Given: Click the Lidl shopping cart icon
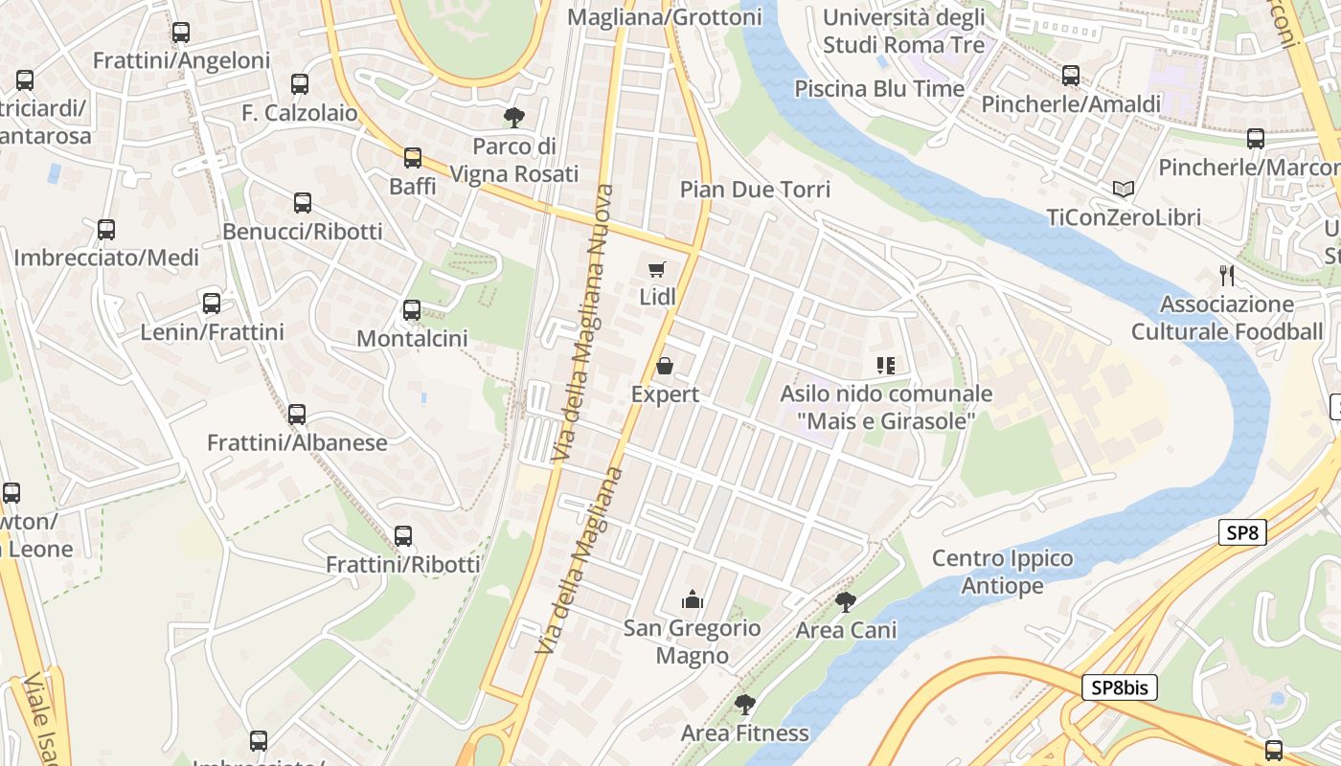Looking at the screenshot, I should pyautogui.click(x=656, y=270).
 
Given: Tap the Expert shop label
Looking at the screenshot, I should pyautogui.click(x=665, y=394).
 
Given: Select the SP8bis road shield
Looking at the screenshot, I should pyautogui.click(x=1120, y=687).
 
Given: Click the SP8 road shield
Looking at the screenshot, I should pyautogui.click(x=1242, y=533).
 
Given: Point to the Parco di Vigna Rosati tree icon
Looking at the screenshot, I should pyautogui.click(x=514, y=118).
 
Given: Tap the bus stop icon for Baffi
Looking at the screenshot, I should pyautogui.click(x=412, y=158).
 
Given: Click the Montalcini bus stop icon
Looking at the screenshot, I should pyautogui.click(x=412, y=310).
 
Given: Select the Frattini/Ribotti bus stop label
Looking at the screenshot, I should pyautogui.click(x=402, y=564).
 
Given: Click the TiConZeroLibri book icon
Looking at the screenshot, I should pyautogui.click(x=1124, y=190).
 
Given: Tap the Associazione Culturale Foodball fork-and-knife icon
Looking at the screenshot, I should pyautogui.click(x=1227, y=276).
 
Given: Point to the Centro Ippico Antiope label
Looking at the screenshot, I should pyautogui.click(x=1003, y=572).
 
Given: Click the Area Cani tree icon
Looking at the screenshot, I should pyautogui.click(x=845, y=601).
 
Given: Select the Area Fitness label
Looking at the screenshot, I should pyautogui.click(x=744, y=733).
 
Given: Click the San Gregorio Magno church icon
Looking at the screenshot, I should pyautogui.click(x=692, y=600).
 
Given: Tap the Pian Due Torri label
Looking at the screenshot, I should pyautogui.click(x=755, y=190).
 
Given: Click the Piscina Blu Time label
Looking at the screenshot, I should pyautogui.click(x=879, y=89).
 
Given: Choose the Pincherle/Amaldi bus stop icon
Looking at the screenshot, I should pyautogui.click(x=1071, y=76).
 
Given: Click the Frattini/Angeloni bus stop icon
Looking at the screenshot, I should pyautogui.click(x=181, y=33).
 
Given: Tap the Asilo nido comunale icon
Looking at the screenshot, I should pyautogui.click(x=885, y=365).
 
